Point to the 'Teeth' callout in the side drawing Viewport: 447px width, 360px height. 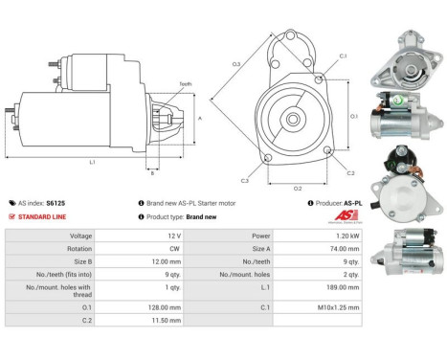pyautogui.click(x=185, y=84)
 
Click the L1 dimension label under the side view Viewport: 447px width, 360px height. pyautogui.click(x=91, y=162)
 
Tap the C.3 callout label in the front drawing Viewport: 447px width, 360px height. pyautogui.click(x=245, y=180)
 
